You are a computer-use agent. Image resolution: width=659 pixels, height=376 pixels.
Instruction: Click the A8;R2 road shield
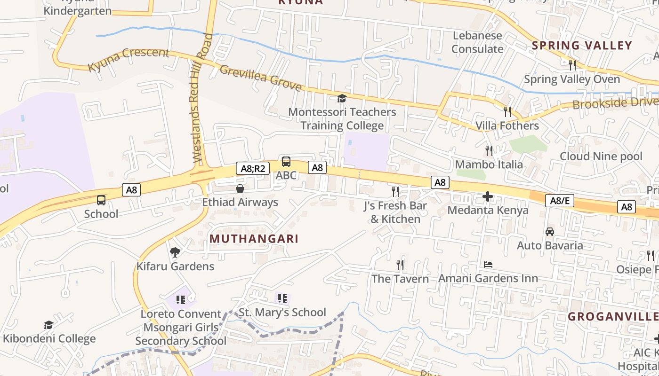click(x=253, y=168)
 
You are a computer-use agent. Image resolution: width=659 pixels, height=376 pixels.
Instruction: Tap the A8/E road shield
click(x=560, y=201)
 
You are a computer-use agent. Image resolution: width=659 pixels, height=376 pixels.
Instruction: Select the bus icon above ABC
click(x=286, y=162)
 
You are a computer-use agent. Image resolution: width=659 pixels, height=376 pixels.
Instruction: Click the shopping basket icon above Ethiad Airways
click(x=240, y=189)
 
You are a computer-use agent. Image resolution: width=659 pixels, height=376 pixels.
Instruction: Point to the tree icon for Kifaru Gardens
click(x=175, y=252)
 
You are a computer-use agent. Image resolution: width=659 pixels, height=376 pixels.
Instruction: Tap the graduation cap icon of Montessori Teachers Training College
click(x=342, y=98)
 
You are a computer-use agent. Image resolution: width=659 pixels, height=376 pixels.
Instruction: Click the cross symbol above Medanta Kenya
click(x=488, y=196)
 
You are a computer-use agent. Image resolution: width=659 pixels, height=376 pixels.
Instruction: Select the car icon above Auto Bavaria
click(x=549, y=232)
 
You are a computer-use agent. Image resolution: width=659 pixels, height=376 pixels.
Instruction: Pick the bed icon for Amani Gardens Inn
click(x=488, y=265)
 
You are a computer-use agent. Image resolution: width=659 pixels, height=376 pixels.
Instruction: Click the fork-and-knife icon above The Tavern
click(x=400, y=265)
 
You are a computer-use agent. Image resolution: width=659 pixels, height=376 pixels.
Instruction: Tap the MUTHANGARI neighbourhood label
click(x=254, y=239)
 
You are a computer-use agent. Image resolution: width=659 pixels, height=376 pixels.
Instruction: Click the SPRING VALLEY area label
click(x=582, y=46)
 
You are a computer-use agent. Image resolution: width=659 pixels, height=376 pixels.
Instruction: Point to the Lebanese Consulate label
click(x=477, y=42)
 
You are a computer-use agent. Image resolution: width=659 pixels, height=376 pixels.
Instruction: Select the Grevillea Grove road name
click(x=260, y=78)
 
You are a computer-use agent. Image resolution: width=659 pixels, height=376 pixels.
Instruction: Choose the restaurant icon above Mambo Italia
click(x=489, y=151)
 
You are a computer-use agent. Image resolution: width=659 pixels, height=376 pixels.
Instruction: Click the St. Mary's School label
click(x=282, y=313)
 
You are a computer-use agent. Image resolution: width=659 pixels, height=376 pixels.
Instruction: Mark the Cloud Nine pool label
click(x=601, y=157)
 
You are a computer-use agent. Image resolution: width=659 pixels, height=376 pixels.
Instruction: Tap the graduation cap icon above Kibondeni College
click(x=48, y=325)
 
